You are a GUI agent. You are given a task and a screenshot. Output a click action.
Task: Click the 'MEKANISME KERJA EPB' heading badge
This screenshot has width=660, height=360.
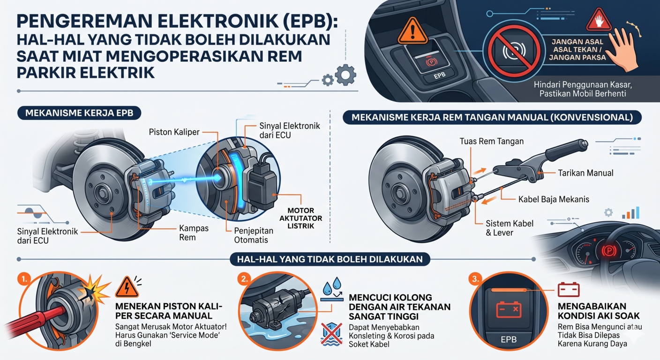click(x=79, y=113)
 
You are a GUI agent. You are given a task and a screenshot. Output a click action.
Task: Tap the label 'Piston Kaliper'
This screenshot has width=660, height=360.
click(x=174, y=132)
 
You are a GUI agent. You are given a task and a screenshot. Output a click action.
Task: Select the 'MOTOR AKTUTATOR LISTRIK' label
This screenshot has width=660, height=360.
click(x=301, y=218)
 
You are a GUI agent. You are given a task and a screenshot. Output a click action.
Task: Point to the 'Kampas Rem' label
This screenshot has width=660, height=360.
click(x=194, y=232)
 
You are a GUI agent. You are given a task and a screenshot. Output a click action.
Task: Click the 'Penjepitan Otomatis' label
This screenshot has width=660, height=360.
click(x=254, y=235)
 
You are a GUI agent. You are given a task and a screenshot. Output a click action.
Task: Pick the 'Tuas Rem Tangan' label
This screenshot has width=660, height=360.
click(x=491, y=142)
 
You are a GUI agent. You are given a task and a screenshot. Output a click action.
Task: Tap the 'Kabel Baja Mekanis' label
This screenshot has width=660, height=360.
click(x=554, y=199)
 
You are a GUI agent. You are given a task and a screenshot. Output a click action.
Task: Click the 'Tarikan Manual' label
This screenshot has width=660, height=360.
click(x=585, y=173)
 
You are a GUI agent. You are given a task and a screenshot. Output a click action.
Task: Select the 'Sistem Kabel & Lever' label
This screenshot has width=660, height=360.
click(x=510, y=228)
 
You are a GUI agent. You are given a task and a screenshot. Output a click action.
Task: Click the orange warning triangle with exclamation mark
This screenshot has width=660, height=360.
click(x=412, y=31)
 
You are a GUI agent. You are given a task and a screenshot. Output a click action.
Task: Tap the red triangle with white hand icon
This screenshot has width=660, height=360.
click(x=599, y=20)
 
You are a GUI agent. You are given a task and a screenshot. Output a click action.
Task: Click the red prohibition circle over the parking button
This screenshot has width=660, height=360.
click(x=514, y=51)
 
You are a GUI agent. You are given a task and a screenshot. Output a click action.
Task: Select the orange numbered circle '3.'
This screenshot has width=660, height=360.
click(x=475, y=279)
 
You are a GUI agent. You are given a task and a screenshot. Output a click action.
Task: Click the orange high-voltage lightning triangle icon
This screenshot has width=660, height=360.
click(x=127, y=287)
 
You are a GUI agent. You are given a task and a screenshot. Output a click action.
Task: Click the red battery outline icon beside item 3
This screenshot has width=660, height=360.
click(x=569, y=290)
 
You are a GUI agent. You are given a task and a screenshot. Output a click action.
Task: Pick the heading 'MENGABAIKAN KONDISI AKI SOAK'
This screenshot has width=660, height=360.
click(x=599, y=311)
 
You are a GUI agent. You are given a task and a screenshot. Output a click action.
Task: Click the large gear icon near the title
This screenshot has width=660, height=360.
click(x=345, y=75)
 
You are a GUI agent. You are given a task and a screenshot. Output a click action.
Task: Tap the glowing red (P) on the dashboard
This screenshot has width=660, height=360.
click(x=609, y=251)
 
